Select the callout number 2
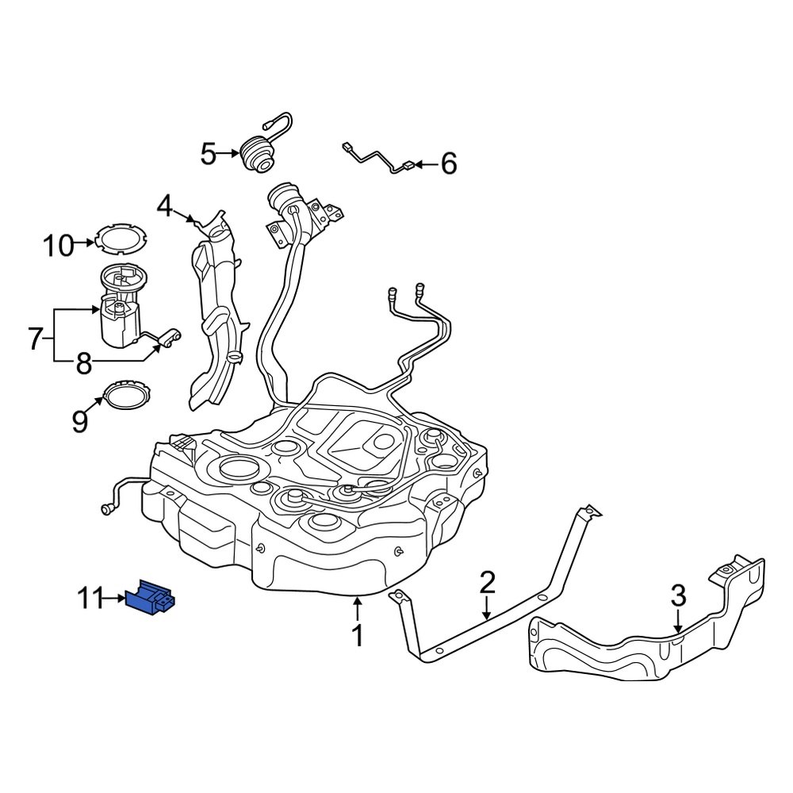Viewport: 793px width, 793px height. coord(487,583)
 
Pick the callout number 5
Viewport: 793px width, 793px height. coord(208,154)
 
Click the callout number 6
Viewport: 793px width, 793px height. coord(448,164)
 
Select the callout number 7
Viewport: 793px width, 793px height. coord(34,339)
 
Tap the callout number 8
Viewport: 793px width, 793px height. coord(83,364)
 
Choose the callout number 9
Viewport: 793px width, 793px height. coord(79,421)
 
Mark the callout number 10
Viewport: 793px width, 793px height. coord(58,246)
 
